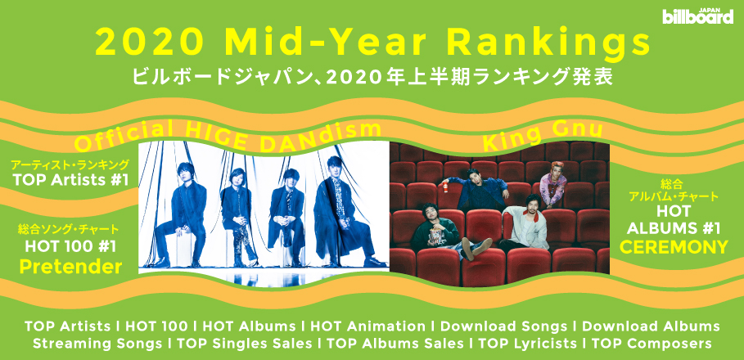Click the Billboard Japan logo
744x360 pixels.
point(698,16)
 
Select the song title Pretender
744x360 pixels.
point(70,267)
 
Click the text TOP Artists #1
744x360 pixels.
point(70,180)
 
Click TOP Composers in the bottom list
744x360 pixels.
point(652,343)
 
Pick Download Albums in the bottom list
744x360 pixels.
point(651,326)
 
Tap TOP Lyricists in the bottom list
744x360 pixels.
point(528,343)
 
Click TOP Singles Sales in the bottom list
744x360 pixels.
point(245,343)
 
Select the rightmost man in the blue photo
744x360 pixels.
point(344,212)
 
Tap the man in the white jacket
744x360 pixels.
point(525,223)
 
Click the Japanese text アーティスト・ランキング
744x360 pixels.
point(70,164)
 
